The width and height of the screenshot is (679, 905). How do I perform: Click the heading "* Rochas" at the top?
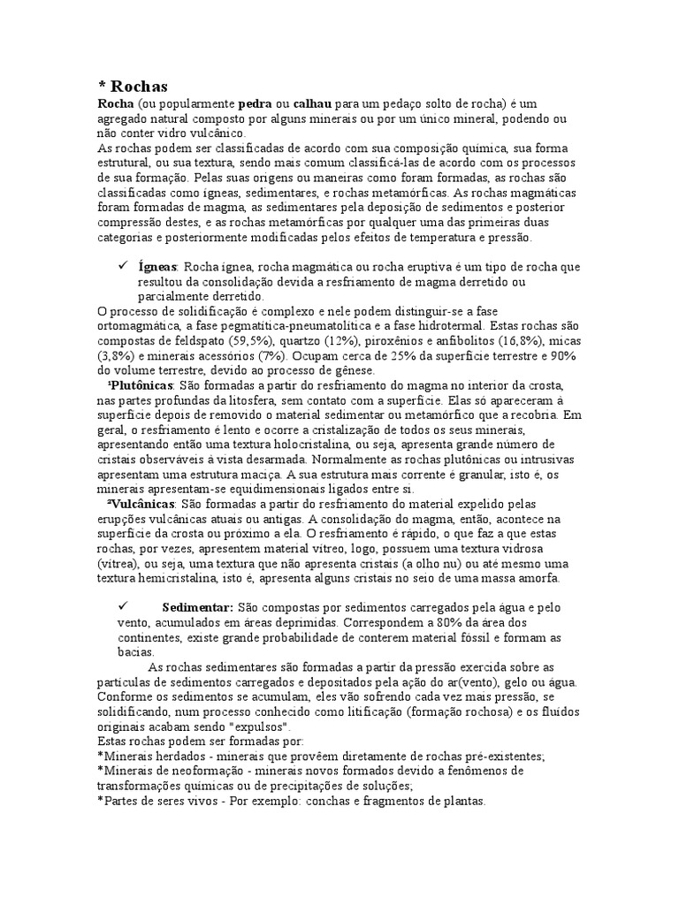[132, 86]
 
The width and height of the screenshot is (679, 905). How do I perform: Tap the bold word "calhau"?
[312, 104]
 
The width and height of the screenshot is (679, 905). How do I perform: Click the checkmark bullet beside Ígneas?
[123, 265]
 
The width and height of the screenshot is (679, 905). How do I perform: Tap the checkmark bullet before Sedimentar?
[123, 606]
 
